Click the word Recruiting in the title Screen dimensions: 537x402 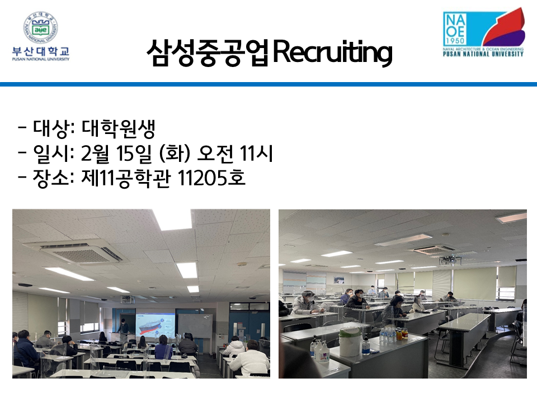[332, 52]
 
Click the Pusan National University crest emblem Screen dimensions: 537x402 [40, 27]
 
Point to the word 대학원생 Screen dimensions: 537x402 [119, 128]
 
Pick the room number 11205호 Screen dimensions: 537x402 [211, 178]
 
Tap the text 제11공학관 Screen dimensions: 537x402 [126, 178]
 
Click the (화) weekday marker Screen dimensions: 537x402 [175, 154]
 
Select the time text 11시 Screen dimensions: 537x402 [256, 154]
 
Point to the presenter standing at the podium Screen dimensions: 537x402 [123, 327]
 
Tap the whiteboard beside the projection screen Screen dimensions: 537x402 [195, 326]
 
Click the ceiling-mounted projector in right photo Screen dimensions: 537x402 [450, 261]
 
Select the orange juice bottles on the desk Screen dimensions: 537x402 [402, 333]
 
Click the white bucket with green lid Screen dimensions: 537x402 [351, 341]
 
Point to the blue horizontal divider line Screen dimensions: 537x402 [268, 84]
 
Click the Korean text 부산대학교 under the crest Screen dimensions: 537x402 [41, 51]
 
